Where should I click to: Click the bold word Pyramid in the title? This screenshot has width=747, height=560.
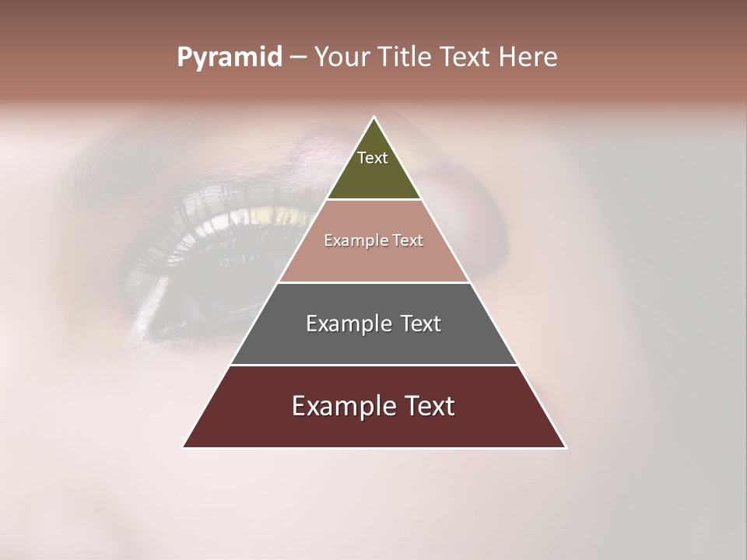click(x=229, y=58)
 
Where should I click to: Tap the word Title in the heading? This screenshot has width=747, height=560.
click(x=405, y=58)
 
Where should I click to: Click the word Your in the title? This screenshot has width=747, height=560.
click(x=342, y=58)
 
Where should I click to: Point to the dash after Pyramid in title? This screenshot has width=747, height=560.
click(x=297, y=58)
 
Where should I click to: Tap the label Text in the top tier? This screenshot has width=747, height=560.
click(x=373, y=158)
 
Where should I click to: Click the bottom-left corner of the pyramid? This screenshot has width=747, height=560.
click(x=184, y=447)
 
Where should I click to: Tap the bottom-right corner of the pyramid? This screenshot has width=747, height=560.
click(x=565, y=447)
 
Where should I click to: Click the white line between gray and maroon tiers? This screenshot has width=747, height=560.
click(x=373, y=365)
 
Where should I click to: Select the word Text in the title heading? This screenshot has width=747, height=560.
click(x=465, y=58)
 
